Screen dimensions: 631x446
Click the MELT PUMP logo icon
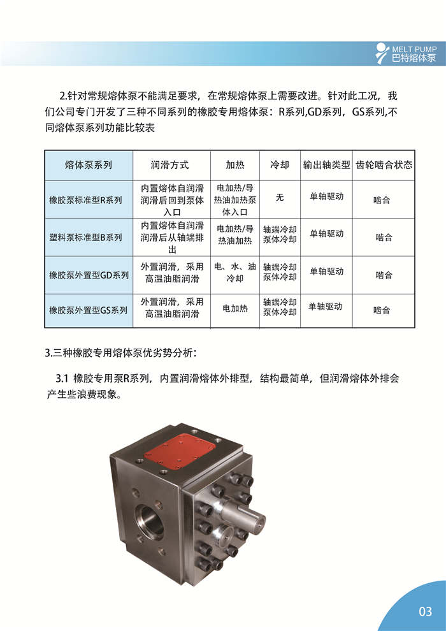point(381,52)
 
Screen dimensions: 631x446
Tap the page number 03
point(425,612)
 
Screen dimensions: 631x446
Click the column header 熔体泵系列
point(89,164)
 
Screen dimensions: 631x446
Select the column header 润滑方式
point(170,164)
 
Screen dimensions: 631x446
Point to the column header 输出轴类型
point(327,164)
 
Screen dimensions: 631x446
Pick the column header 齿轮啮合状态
point(384,164)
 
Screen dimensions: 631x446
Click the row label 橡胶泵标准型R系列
point(85,200)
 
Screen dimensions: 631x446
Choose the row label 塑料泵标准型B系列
point(85,237)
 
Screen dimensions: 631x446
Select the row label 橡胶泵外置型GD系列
point(89,275)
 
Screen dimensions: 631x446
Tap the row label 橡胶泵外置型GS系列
point(88,310)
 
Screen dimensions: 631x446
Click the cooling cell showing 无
point(279,198)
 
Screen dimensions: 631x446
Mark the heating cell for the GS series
point(234,309)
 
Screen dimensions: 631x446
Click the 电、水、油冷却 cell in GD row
point(234,273)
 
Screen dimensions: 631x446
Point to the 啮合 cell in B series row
point(384,237)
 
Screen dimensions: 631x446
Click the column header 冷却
point(280,164)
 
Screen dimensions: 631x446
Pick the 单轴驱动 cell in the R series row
point(327,196)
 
